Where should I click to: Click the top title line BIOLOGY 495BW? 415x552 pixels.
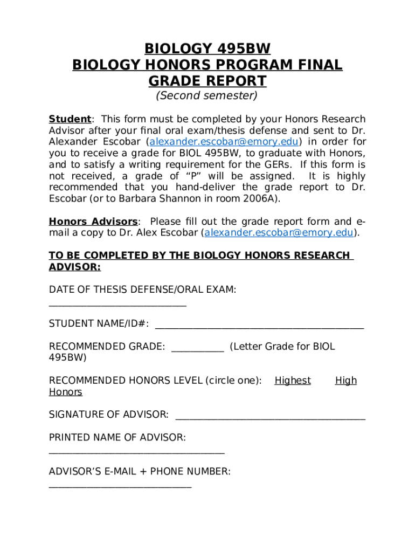(207, 50)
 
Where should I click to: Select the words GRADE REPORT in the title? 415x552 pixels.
(207, 81)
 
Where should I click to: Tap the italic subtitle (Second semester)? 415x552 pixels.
(207, 96)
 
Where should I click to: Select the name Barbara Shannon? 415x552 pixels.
(162, 198)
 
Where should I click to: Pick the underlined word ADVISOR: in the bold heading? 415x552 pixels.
(75, 267)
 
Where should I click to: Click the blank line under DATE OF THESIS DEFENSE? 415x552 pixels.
(117, 305)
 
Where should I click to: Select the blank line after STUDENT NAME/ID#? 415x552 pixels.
(259, 327)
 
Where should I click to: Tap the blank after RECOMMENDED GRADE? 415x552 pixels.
(197, 350)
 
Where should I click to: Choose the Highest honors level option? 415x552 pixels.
(293, 381)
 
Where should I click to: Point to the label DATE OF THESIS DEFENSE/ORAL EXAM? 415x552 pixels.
(142, 290)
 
